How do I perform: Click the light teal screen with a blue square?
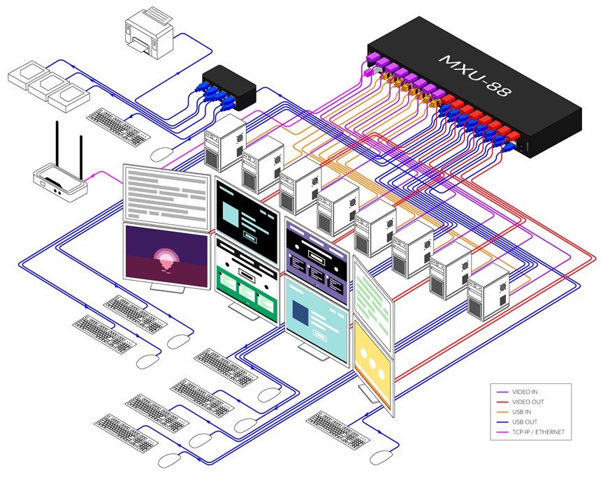(x=317, y=318)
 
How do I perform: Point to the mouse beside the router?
(x=163, y=153)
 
